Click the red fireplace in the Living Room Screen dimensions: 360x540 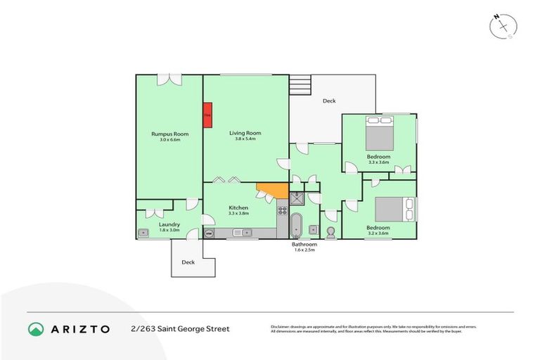pos(207,116)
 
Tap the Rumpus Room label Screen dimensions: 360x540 pos(169,134)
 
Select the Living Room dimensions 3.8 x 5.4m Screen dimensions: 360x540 pos(245,139)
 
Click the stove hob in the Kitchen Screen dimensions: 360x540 pos(282,208)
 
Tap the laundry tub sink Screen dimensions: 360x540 pos(143,233)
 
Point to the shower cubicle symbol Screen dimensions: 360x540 pos(297,198)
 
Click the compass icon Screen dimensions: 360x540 pos(503,25)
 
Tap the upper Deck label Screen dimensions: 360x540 pos(329,101)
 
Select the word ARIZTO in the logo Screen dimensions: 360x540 pos(81,329)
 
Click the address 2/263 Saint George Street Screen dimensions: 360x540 pos(179,329)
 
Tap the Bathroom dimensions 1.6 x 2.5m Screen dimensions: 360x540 pos(304,250)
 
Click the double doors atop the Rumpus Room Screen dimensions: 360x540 pos(169,80)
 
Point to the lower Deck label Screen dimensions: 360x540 pos(188,262)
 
